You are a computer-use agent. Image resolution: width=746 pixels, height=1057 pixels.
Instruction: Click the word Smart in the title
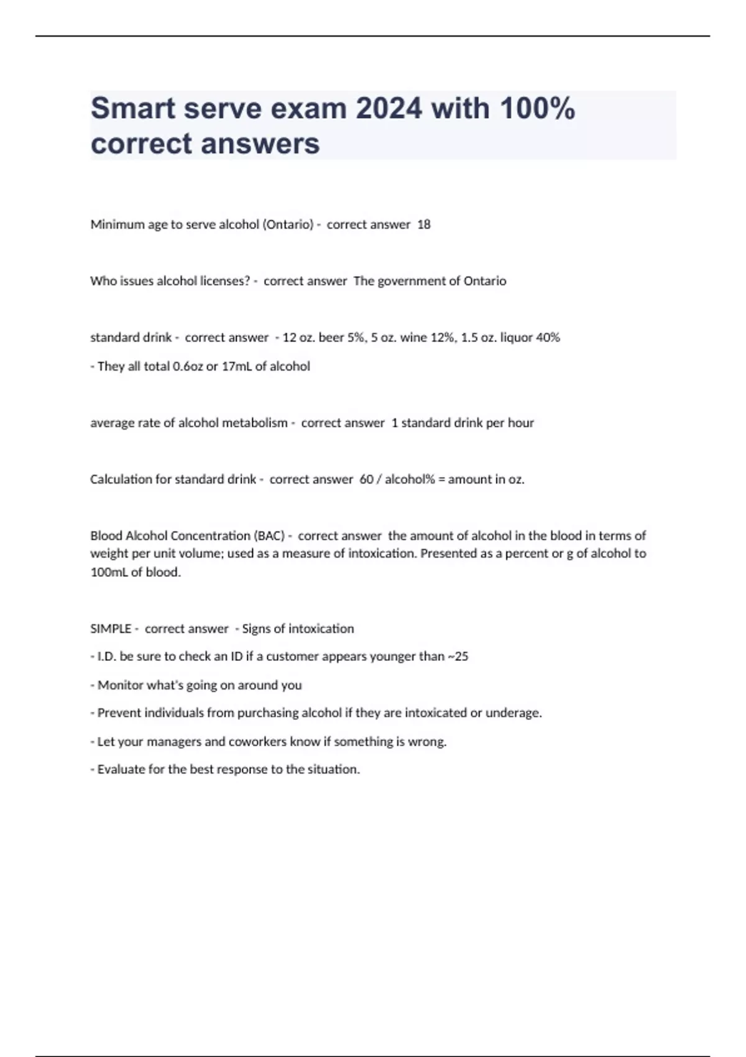(x=133, y=109)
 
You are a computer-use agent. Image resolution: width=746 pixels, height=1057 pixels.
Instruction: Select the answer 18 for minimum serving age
(x=424, y=224)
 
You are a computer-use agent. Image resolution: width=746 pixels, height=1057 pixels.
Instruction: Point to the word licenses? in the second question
(x=225, y=281)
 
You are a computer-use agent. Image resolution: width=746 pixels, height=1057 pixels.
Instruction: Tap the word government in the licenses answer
(x=411, y=281)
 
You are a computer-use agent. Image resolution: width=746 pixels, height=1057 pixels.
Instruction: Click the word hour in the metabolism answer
(x=521, y=423)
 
